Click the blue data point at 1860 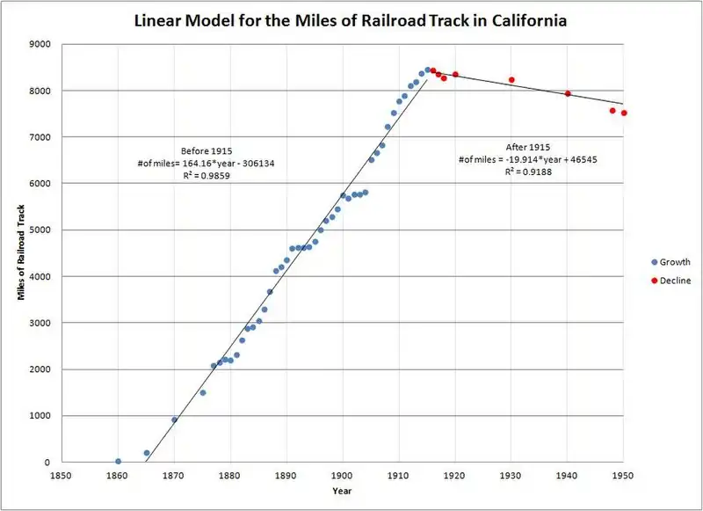118,461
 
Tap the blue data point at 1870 174,420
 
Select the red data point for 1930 511,80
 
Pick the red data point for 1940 568,93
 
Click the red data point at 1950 624,113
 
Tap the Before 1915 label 207,150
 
